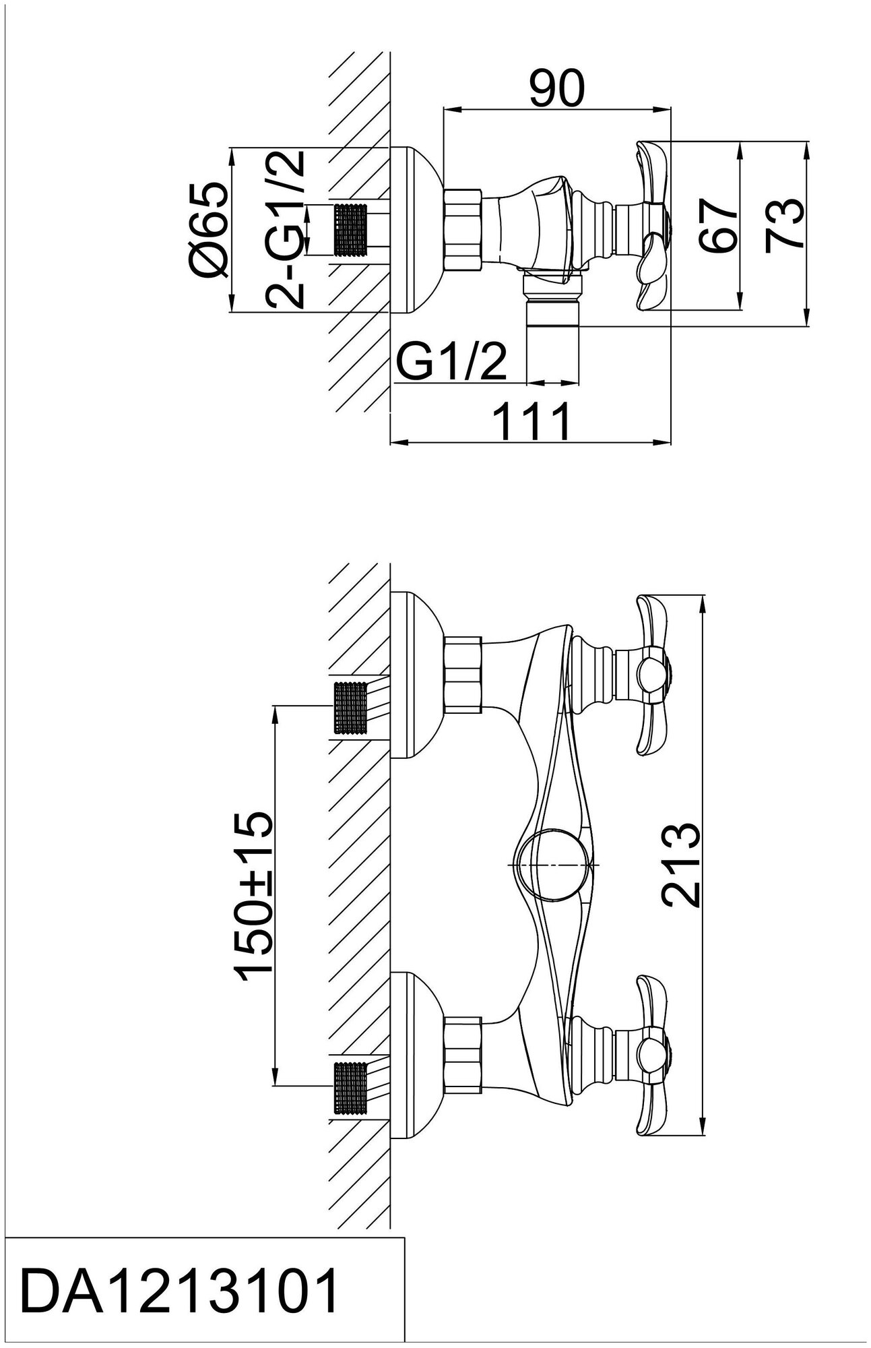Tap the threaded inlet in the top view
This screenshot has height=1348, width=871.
click(351, 231)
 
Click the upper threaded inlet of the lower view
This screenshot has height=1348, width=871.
click(351, 706)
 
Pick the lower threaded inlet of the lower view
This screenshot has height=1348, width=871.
click(351, 1084)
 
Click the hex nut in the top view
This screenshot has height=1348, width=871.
click(463, 229)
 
